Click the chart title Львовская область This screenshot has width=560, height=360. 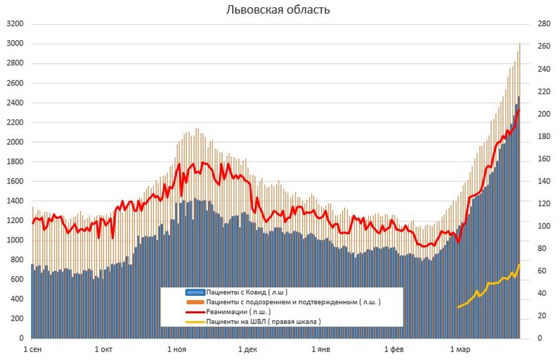[278, 10]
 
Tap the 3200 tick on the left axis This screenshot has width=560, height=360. [14, 24]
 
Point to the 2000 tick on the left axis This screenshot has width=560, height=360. [14, 142]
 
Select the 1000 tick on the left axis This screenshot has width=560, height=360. [14, 241]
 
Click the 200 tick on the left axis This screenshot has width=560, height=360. [16, 319]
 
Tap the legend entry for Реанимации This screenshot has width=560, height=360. [238, 311]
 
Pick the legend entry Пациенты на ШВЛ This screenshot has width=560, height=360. [263, 321]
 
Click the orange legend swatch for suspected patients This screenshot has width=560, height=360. [194, 302]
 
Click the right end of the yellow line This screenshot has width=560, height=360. [519, 265]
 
